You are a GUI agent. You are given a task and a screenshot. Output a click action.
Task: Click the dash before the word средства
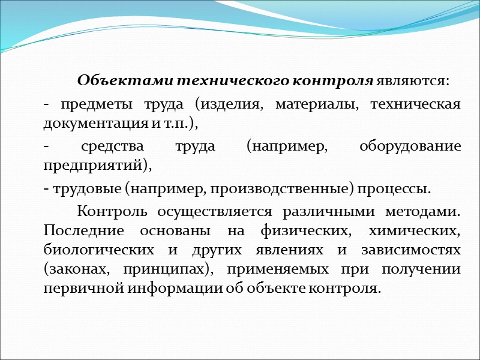point(46,146)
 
